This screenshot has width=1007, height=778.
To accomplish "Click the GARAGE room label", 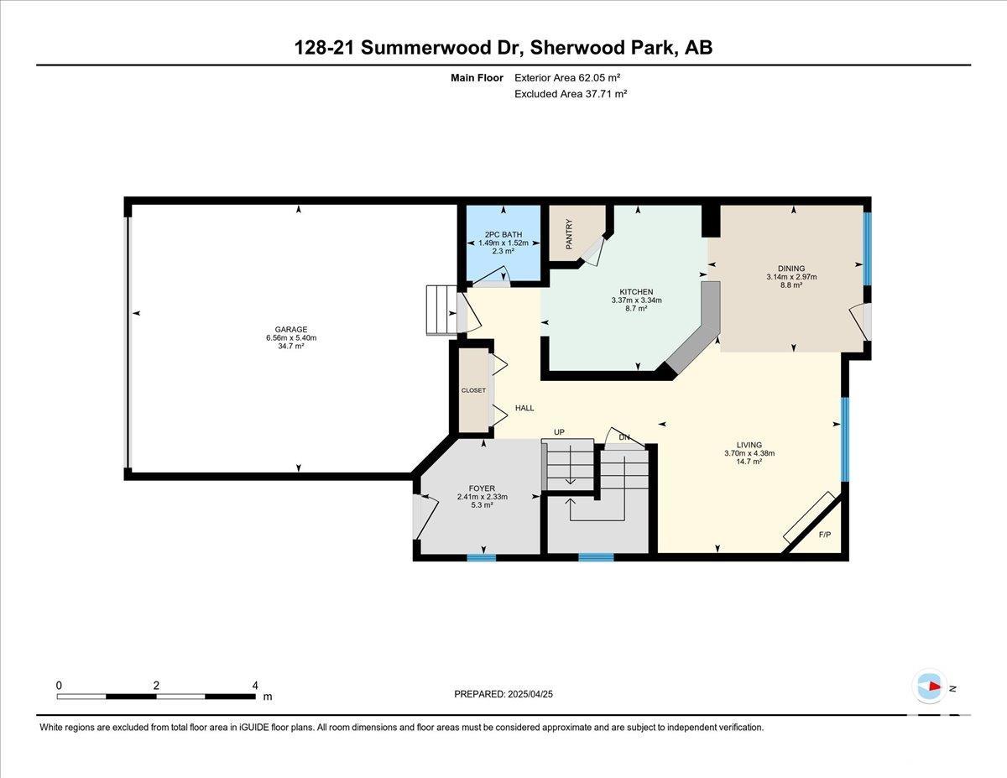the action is coord(291,330).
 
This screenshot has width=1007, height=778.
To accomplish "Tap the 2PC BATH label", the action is coord(503,234).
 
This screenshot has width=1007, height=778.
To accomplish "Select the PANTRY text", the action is coord(569,234).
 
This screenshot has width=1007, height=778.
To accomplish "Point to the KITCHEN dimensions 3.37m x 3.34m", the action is coord(636,300).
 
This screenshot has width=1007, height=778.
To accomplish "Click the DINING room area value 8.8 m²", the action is coord(791,285).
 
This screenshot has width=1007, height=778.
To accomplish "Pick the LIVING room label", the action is coord(749,445).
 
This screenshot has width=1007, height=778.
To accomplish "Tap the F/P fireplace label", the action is coord(825,535).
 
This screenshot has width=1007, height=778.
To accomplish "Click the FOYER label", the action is coord(482,488).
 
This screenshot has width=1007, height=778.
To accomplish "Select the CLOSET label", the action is coord(473,390).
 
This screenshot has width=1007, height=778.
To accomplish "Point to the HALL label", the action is coord(524,408).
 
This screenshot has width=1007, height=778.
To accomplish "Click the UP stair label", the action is coord(560,432).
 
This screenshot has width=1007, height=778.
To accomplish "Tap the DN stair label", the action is coord(624,437).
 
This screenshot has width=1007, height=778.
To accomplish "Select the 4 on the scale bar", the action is coord(255,686).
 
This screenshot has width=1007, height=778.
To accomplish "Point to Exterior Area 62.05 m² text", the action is coord(567,78).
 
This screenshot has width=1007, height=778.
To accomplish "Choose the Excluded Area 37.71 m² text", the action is coord(571,94).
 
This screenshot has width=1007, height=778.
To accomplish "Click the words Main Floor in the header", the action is coord(477,78).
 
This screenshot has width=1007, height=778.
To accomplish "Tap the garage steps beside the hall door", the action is coord(442,310).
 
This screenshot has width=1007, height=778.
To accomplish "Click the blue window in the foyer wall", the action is coord(482,557).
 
